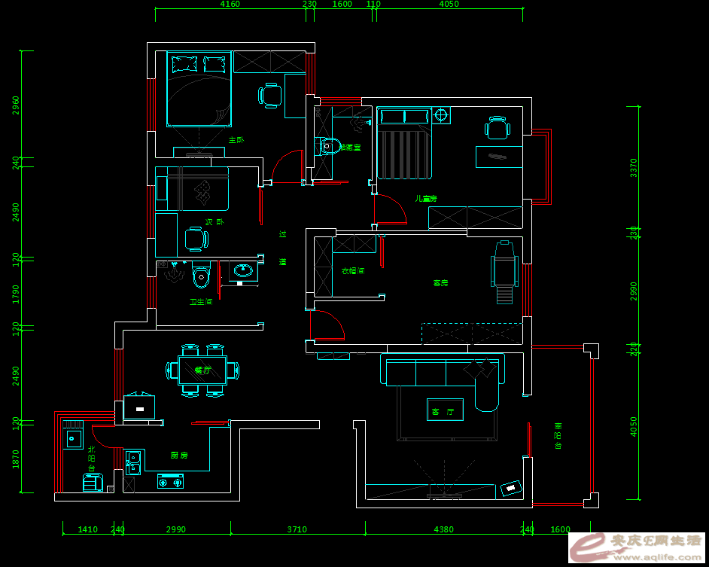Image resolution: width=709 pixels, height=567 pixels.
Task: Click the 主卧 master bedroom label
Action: (x=236, y=140)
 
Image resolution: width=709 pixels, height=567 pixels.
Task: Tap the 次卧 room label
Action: (x=215, y=222)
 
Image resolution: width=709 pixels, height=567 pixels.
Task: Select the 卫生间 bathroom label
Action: (x=201, y=302)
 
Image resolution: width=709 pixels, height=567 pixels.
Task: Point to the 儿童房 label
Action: (x=426, y=199)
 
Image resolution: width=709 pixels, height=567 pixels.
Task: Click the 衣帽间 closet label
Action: (x=353, y=270)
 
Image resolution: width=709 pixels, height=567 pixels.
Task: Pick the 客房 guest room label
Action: (x=440, y=283)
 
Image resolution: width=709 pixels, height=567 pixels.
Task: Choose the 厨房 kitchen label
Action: (x=179, y=456)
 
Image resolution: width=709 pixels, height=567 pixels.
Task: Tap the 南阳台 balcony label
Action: (x=558, y=436)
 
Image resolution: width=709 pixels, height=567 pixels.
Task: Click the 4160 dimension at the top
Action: (x=230, y=5)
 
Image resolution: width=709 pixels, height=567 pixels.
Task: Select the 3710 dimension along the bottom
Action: (x=297, y=529)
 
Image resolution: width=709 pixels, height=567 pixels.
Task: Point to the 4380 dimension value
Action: (x=444, y=529)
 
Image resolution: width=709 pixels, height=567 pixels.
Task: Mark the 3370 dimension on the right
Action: (x=634, y=167)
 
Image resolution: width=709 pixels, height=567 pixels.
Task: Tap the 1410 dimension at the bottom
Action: (x=88, y=529)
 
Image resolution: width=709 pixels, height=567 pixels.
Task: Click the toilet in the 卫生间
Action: (x=200, y=277)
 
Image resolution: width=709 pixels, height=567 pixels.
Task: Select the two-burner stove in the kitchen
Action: (x=171, y=480)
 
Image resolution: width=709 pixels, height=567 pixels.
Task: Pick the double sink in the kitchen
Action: (x=133, y=462)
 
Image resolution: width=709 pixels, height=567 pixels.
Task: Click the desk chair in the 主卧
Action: (x=269, y=95)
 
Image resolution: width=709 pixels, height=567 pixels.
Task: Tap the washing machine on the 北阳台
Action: (x=93, y=483)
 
